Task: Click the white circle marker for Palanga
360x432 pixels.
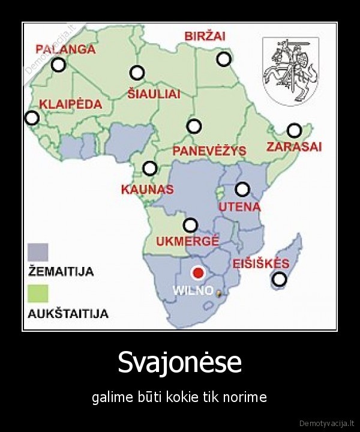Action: (58, 65)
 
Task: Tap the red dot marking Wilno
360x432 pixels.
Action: (197, 274)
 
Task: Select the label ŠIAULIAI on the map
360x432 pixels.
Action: (154, 94)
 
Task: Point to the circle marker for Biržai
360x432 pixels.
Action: (224, 59)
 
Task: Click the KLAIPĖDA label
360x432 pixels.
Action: (70, 104)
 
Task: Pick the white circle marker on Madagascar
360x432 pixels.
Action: (279, 279)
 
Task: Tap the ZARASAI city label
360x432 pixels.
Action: (294, 146)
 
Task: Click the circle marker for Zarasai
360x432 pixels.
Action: (294, 130)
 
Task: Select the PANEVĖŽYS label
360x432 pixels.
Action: (209, 151)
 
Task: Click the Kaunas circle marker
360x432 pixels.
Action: (150, 169)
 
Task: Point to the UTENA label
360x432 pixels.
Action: (239, 207)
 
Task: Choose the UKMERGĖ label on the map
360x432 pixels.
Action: (187, 242)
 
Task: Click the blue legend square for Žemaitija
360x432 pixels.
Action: (38, 252)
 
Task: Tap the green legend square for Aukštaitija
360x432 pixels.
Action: (38, 293)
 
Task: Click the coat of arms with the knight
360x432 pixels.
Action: (291, 71)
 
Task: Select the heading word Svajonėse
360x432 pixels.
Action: (179, 362)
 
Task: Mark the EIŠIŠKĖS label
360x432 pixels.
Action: (260, 263)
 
